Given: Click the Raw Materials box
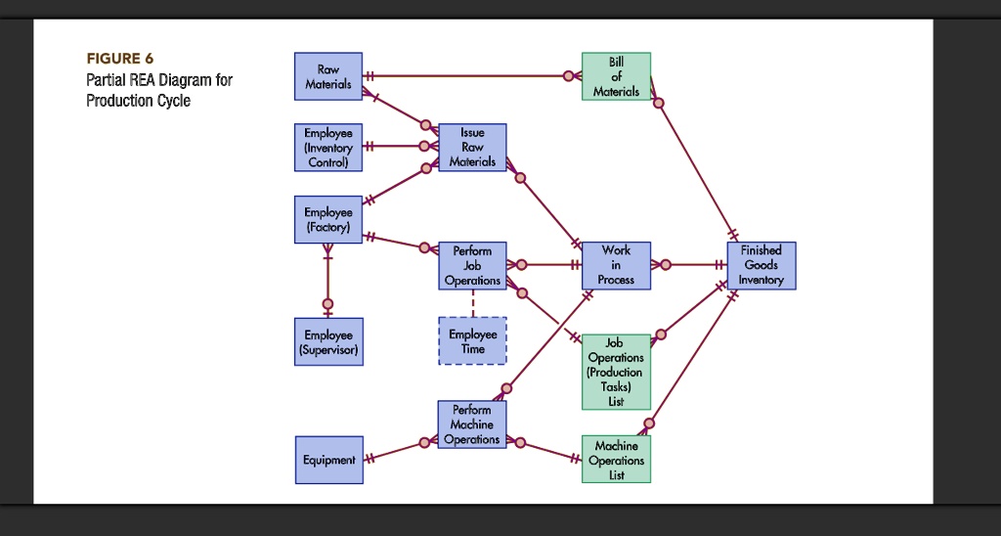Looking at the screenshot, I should coord(328,76).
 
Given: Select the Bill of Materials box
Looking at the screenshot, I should coord(616,76).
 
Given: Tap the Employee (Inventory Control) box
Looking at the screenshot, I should coord(328,147).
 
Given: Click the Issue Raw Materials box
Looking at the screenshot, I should coord(472,147).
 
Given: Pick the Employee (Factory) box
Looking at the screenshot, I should coord(328,219).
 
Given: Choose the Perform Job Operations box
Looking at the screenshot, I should coord(472,265).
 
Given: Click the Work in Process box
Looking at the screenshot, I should coord(616,265).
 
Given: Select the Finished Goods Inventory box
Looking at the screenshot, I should coord(761,265).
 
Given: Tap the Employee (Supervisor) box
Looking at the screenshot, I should coord(328,341).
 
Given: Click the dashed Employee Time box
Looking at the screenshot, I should coord(472,341).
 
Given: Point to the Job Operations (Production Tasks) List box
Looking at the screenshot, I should coord(616,372).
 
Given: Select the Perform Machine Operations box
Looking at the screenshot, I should coord(472,424).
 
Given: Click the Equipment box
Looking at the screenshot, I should coord(328,460).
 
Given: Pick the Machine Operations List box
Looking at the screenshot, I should coord(616,460).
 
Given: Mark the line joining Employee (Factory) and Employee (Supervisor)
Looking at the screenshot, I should coord(328,279).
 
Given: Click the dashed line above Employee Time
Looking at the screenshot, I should coord(472,303).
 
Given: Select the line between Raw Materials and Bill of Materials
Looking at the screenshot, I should coord(469,75).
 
